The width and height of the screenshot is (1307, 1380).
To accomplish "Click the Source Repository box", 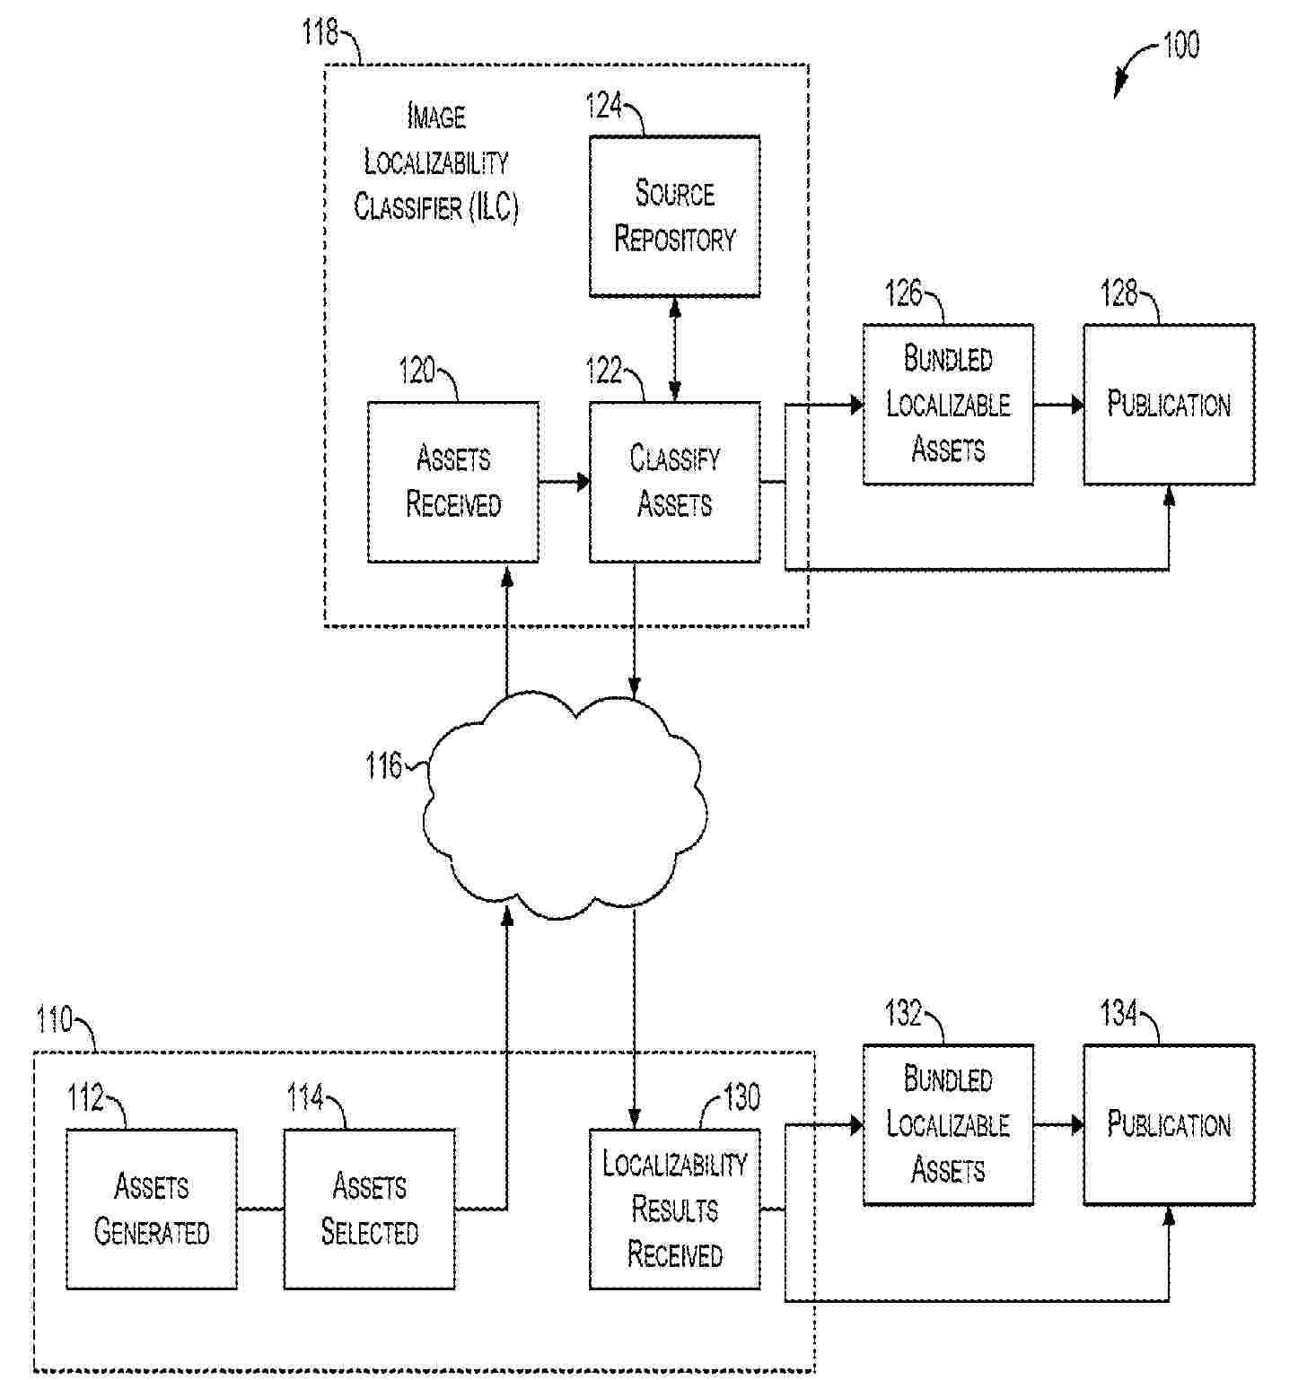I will (x=674, y=216).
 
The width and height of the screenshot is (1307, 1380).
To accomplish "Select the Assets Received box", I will (x=453, y=482).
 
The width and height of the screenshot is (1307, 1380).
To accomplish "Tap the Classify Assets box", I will (x=674, y=482).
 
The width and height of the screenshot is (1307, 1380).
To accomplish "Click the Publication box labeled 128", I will (x=1168, y=405).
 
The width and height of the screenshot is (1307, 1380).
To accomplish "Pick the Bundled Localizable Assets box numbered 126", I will (x=948, y=405).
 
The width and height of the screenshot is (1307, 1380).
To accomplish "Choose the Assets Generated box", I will (x=152, y=1209).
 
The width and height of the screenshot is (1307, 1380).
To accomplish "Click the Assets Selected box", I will (x=369, y=1209).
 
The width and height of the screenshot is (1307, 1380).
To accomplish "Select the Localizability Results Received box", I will (x=674, y=1209).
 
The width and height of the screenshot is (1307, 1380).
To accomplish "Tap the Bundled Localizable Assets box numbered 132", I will (x=948, y=1124).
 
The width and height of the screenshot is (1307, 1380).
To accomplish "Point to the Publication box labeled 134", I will (x=1168, y=1124).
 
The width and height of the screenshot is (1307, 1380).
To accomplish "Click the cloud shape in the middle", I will (x=566, y=808).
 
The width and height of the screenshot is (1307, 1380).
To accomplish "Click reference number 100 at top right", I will (x=1180, y=45).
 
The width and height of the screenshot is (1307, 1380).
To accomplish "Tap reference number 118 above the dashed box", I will (x=320, y=33).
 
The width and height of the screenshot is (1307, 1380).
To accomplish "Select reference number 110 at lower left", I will (x=54, y=1020).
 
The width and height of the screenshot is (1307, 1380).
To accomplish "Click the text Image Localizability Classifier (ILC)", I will (x=436, y=162).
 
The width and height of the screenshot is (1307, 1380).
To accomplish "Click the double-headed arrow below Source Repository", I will (x=675, y=349).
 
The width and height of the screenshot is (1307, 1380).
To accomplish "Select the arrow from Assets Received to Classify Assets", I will (x=564, y=482).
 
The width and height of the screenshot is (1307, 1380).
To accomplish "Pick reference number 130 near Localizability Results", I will (x=741, y=1096).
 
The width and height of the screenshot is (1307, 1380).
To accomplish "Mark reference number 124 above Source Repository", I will (x=604, y=106).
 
